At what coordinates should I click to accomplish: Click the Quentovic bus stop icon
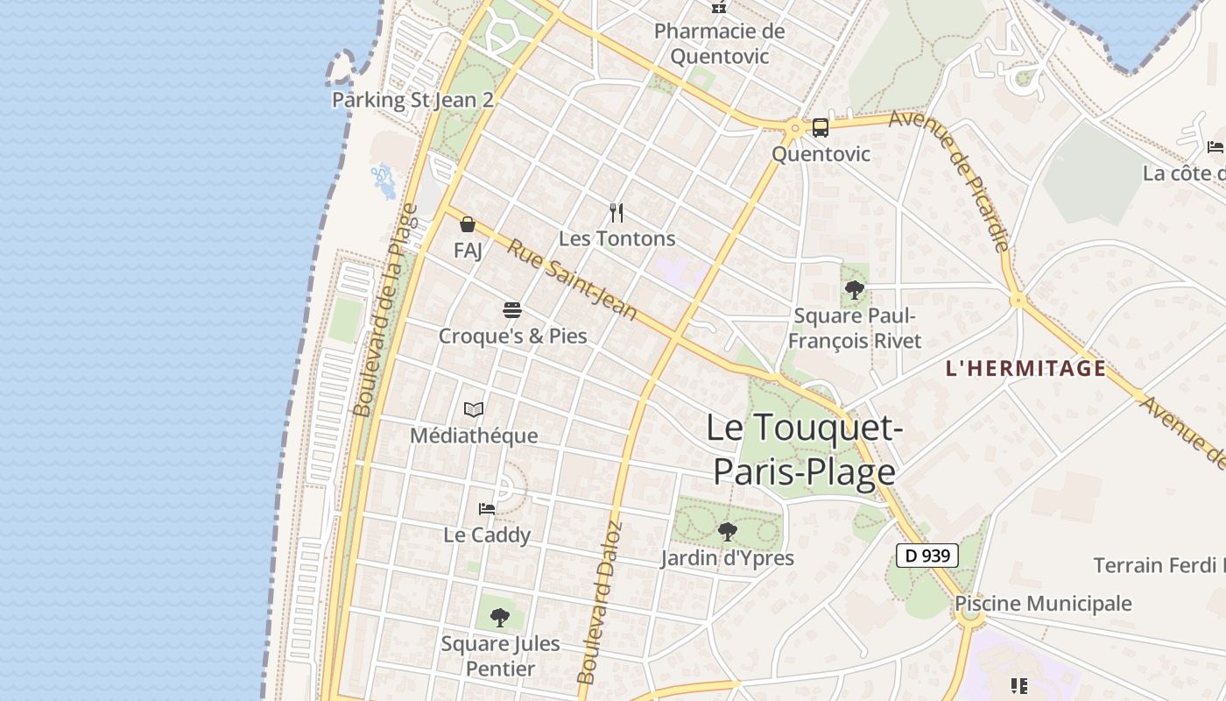[x=820, y=128]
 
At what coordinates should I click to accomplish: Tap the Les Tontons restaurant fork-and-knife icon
[x=617, y=212]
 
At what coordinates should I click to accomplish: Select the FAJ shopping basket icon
[x=468, y=225]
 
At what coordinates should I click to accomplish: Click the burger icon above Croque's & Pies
[x=512, y=310]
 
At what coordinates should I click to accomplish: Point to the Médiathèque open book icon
[x=474, y=409]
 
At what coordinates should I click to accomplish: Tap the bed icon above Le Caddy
[x=487, y=508]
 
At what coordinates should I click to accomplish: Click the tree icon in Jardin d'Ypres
[x=727, y=531]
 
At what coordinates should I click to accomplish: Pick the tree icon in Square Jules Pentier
[x=500, y=618]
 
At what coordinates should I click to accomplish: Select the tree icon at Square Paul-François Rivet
[x=854, y=289]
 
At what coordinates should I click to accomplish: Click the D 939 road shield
[x=927, y=556]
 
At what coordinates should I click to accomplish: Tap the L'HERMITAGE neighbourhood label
[x=1025, y=369]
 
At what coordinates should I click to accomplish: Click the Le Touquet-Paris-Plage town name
[x=804, y=450]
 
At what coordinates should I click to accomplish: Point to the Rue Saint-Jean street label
[x=572, y=280]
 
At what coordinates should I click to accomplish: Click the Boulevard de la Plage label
[x=386, y=310]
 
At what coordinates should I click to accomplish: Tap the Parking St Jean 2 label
[x=412, y=100]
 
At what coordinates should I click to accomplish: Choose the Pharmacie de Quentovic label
[x=719, y=44]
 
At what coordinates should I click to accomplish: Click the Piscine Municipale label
[x=1042, y=604]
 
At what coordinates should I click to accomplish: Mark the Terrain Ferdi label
[x=1159, y=565]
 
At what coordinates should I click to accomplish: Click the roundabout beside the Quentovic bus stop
[x=795, y=129]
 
